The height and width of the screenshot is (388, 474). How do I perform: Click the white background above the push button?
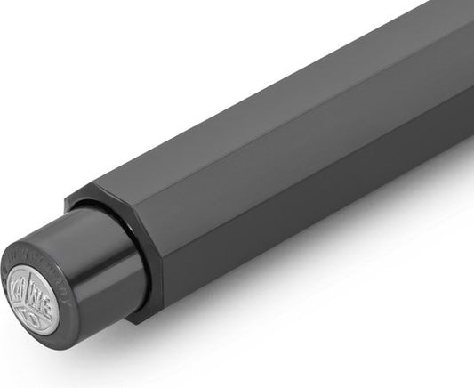[53, 133]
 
